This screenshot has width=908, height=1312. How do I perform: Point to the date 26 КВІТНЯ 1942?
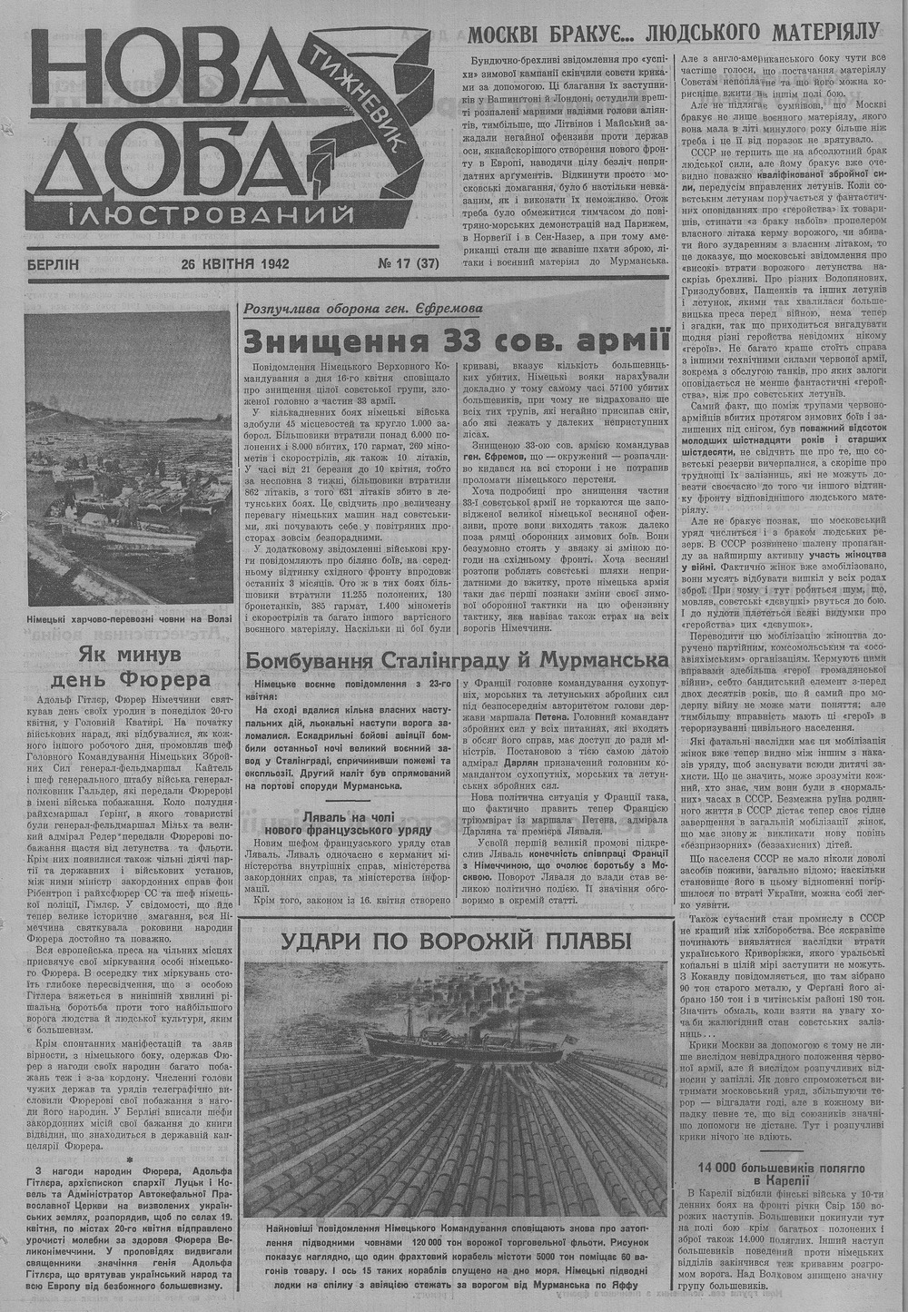(x=234, y=265)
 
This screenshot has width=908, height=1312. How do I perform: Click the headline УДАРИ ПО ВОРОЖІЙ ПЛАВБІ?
(x=457, y=942)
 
